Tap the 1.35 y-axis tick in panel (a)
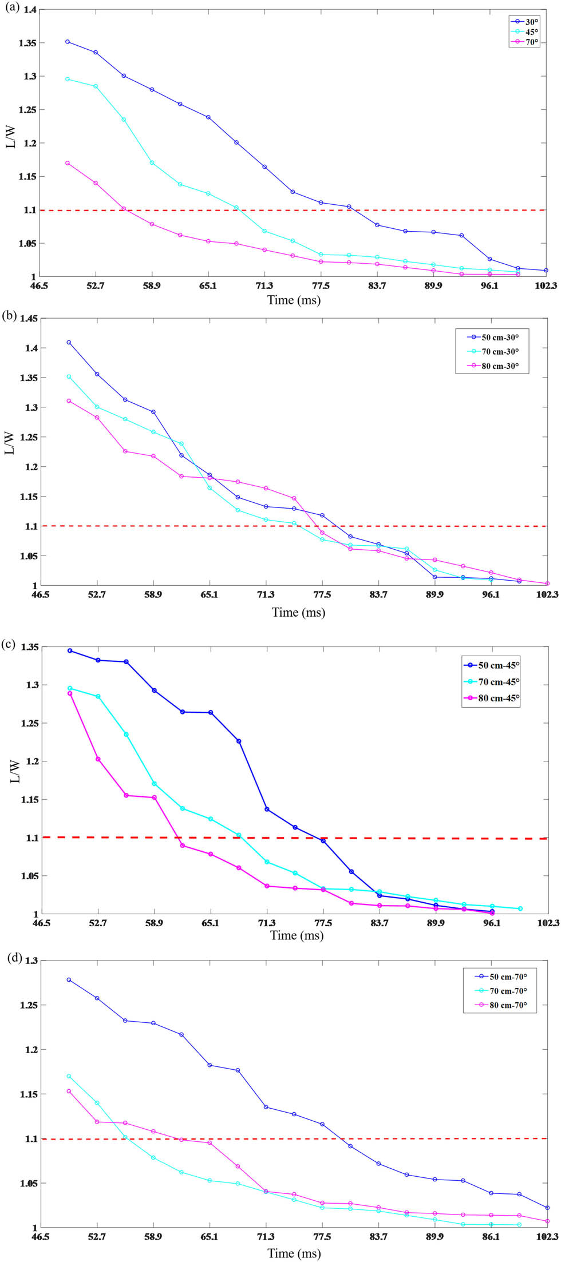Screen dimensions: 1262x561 point(27,43)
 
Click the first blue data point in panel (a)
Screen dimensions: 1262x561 point(68,42)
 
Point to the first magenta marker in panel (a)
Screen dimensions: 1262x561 point(68,163)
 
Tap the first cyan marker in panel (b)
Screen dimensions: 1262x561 point(69,376)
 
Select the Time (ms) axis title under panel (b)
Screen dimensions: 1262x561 point(298,612)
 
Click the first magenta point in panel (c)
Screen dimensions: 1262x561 point(70,693)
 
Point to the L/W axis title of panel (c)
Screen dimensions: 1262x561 point(15,772)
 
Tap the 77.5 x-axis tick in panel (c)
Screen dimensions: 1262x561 point(323,923)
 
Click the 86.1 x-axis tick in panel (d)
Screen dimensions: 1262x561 point(491,1237)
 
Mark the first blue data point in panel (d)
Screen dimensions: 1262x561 point(69,979)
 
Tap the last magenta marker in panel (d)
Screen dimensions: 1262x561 point(547,1221)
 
